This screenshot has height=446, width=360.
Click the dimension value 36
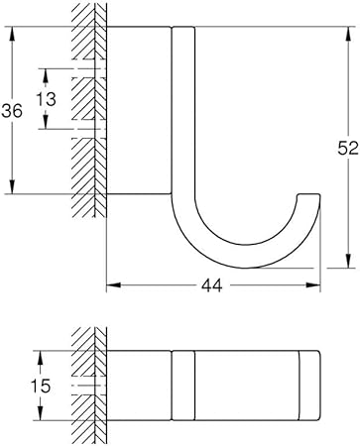[12, 111]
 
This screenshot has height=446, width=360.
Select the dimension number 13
[46, 99]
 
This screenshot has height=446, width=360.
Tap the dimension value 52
[348, 148]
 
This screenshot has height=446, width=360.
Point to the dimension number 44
[212, 285]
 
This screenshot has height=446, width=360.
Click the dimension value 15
[41, 386]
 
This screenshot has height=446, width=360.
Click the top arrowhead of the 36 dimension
[12, 33]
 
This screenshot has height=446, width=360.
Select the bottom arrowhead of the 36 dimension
[12, 186]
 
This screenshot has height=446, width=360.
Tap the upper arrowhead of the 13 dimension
[46, 75]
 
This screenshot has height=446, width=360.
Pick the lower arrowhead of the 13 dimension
[46, 122]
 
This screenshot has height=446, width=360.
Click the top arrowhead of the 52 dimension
[348, 34]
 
